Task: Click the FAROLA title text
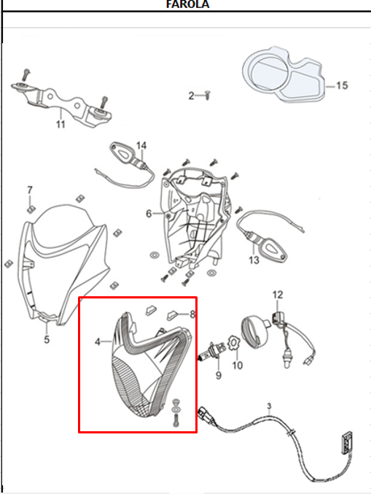pyautogui.click(x=187, y=4)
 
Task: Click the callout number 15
pyautogui.click(x=342, y=85)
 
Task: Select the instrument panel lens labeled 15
pyautogui.click(x=284, y=74)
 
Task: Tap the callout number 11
pyautogui.click(x=60, y=124)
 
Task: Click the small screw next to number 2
pyautogui.click(x=208, y=95)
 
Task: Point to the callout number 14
pyautogui.click(x=141, y=145)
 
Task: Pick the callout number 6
pyautogui.click(x=149, y=214)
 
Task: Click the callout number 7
pyautogui.click(x=30, y=190)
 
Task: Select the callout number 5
pyautogui.click(x=47, y=339)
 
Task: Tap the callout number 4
pyautogui.click(x=98, y=341)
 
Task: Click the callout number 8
pyautogui.click(x=192, y=314)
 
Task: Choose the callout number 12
pyautogui.click(x=278, y=295)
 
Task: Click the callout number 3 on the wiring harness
pyautogui.click(x=269, y=406)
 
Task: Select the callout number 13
pyautogui.click(x=254, y=260)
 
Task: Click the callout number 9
pyautogui.click(x=219, y=375)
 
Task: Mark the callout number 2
pyautogui.click(x=191, y=96)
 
